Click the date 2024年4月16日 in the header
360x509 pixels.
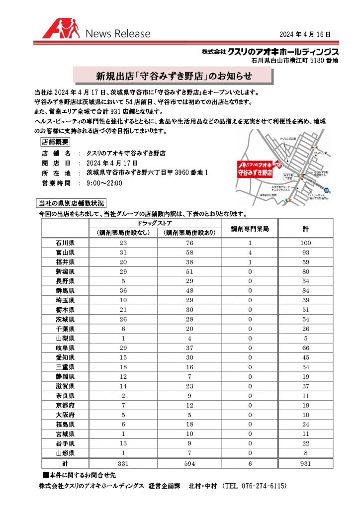click(305, 34)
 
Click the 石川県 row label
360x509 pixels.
click(65, 243)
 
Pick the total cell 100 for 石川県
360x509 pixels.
click(305, 243)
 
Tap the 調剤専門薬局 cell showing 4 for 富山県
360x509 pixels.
click(250, 253)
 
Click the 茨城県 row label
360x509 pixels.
click(65, 319)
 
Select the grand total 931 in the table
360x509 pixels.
click(305, 464)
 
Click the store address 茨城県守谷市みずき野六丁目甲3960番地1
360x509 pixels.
click(147, 173)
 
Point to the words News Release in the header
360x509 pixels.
click(118, 34)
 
